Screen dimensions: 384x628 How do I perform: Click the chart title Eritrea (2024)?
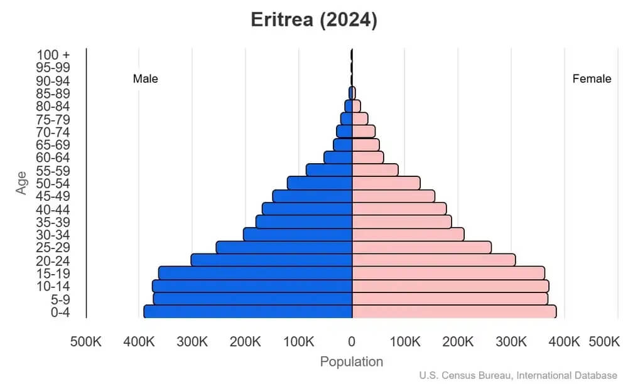tap(314, 20)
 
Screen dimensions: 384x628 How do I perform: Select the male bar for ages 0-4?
tap(248, 312)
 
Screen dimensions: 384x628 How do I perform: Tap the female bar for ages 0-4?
tap(453, 312)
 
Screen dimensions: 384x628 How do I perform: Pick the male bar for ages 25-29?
tap(284, 247)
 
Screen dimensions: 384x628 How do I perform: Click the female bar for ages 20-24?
tap(433, 260)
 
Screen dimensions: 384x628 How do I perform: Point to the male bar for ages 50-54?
tap(320, 183)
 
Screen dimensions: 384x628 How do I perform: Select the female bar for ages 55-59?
tap(375, 170)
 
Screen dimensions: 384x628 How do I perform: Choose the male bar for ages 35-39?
tap(304, 221)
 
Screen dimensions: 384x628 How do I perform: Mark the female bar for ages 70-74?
tap(364, 131)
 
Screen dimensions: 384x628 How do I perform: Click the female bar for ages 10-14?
tap(450, 286)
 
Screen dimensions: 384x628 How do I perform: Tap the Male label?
tap(146, 79)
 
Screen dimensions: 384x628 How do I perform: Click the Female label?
tap(592, 79)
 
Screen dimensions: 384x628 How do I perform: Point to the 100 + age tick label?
tap(53, 55)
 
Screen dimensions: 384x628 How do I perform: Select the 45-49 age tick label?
tap(53, 196)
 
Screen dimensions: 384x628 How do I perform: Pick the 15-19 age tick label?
tap(53, 274)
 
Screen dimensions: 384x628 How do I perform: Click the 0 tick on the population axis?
tap(352, 342)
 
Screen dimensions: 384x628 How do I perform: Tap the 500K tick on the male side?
tap(85, 342)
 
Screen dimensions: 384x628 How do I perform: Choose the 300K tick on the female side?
tap(511, 342)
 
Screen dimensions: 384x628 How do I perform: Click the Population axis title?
tap(352, 362)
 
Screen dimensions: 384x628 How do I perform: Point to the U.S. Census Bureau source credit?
tap(518, 375)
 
